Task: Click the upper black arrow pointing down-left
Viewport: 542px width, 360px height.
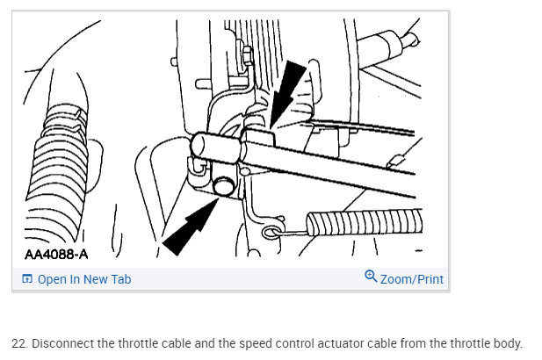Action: coord(289,88)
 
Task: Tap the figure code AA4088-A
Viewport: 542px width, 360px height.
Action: coord(57,255)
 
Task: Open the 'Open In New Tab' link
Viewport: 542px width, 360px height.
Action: coord(83,279)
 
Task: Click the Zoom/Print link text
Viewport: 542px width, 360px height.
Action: coord(412,279)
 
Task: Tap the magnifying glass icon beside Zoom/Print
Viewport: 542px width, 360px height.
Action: coord(371,278)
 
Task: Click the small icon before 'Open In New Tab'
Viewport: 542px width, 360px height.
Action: coord(27,279)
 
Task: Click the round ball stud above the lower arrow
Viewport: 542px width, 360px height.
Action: coord(223,184)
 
